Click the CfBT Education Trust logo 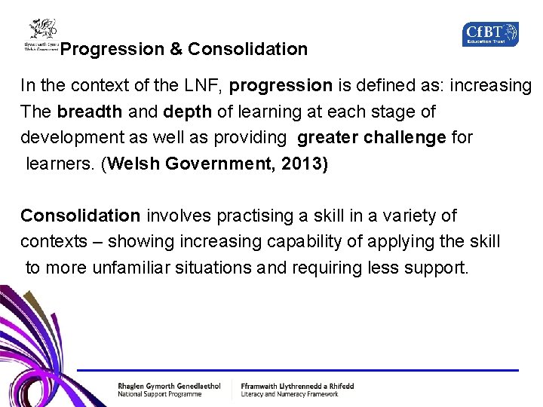click(x=490, y=34)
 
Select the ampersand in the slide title click(x=176, y=50)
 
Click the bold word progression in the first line click(x=281, y=86)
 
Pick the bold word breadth click(x=89, y=112)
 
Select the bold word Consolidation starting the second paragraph click(x=81, y=216)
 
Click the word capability click(x=337, y=242)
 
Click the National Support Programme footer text click(x=160, y=394)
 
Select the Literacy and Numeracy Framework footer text click(x=290, y=394)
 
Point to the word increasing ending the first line click(x=491, y=86)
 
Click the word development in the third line click(x=69, y=138)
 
